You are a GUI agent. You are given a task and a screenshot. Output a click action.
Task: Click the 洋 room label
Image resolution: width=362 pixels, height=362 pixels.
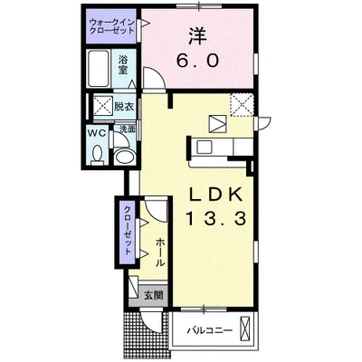pyautogui.click(x=197, y=36)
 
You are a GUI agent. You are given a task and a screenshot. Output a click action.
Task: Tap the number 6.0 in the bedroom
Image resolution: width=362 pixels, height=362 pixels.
pyautogui.click(x=197, y=62)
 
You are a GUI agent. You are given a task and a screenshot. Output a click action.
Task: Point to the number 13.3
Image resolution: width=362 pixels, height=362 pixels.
pyautogui.click(x=216, y=218)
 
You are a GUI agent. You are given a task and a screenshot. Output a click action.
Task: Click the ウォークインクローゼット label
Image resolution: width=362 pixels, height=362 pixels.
pyautogui.click(x=112, y=26)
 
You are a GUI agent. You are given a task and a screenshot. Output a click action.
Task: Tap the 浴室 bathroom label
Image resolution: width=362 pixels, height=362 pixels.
pyautogui.click(x=123, y=65)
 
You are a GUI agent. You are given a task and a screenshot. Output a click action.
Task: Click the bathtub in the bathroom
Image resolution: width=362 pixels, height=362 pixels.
pyautogui.click(x=98, y=69)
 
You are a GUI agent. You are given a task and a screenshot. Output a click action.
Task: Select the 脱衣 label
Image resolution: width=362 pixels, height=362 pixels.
pyautogui.click(x=124, y=107)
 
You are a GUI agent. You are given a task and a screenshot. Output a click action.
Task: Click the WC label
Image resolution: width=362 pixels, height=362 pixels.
pyautogui.click(x=97, y=133)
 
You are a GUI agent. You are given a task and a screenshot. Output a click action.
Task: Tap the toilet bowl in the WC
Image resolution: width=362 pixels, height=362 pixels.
pyautogui.click(x=97, y=155)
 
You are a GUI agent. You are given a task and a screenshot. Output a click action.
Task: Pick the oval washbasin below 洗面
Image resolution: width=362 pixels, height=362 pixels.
pyautogui.click(x=125, y=157)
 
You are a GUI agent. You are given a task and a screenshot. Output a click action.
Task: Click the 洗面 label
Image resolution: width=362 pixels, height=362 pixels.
pyautogui.click(x=127, y=129)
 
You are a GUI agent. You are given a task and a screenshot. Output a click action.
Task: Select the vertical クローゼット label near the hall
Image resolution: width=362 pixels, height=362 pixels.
pyautogui.click(x=128, y=230)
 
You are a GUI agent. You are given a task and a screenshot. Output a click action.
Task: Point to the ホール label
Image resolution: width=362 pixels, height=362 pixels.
pyautogui.click(x=160, y=252)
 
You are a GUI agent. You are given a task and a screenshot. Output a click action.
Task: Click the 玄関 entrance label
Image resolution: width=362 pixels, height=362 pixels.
pyautogui.click(x=153, y=295)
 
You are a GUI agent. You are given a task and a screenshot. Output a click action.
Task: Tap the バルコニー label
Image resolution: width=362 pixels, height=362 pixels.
pyautogui.click(x=209, y=330)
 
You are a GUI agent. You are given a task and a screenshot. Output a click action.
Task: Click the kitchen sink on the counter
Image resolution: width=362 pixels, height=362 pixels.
pyautogui.click(x=205, y=148)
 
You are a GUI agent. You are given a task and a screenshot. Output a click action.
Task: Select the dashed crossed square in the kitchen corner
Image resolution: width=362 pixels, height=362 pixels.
pyautogui.click(x=242, y=105)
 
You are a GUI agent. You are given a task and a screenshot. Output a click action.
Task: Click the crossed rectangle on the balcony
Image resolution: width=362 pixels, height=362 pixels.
pyautogui.click(x=245, y=329)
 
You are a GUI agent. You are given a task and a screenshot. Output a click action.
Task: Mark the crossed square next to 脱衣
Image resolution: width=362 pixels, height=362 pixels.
pyautogui.click(x=103, y=106)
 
